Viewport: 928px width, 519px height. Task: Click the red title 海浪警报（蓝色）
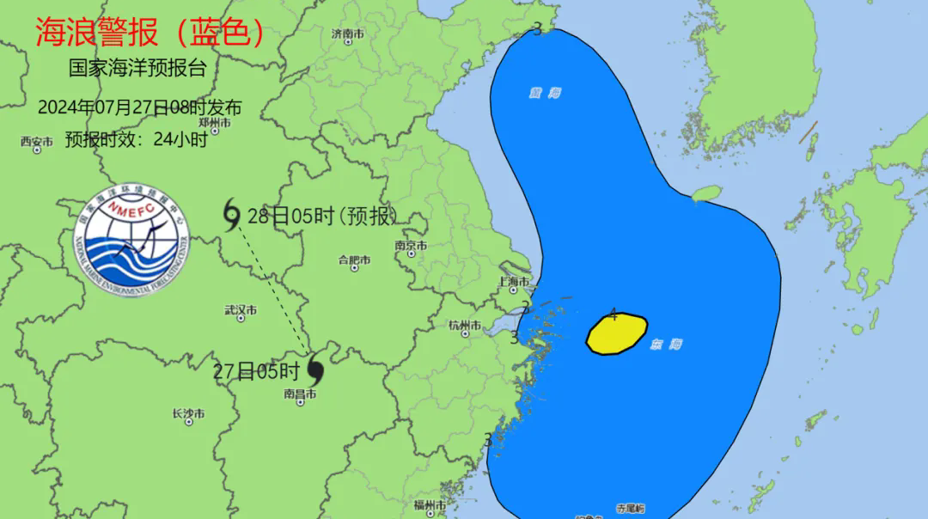pyautogui.click(x=149, y=33)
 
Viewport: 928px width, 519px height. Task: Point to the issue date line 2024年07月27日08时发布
pyautogui.click(x=139, y=107)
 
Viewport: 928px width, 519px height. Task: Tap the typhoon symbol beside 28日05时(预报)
pyautogui.click(x=232, y=215)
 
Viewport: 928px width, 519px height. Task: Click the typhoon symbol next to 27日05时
pyautogui.click(x=314, y=369)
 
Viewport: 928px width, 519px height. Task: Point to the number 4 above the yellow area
pyautogui.click(x=613, y=314)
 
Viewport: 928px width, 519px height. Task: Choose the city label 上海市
pyautogui.click(x=515, y=282)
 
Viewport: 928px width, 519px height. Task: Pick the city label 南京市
pyautogui.click(x=411, y=246)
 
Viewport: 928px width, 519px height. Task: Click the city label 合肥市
pyautogui.click(x=354, y=259)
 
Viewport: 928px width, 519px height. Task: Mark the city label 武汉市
pyautogui.click(x=241, y=309)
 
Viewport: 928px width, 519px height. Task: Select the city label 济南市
pyautogui.click(x=348, y=34)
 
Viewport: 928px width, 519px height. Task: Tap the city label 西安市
pyautogui.click(x=37, y=142)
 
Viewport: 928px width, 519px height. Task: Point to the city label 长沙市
pyautogui.click(x=188, y=414)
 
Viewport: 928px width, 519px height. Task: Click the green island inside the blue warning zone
pyautogui.click(x=706, y=193)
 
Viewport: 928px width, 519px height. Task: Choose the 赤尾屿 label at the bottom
pyautogui.click(x=630, y=509)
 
